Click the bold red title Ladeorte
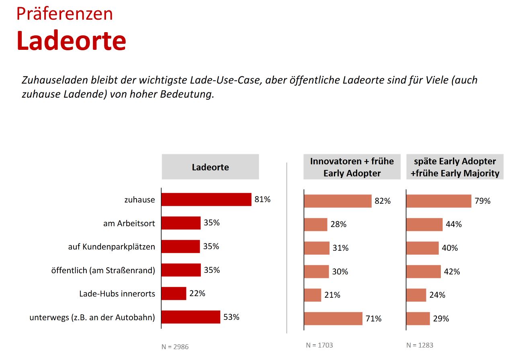tap(71, 41)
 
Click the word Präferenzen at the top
tap(64, 14)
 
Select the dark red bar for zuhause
tap(206, 199)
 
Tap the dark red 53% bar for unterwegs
tap(191, 317)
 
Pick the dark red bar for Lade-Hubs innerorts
tap(174, 293)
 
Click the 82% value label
tap(382, 201)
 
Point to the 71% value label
tap(373, 319)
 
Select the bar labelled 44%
tap(424, 225)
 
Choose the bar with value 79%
tap(439, 201)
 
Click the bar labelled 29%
tap(418, 319)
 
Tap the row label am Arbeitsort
tap(129, 223)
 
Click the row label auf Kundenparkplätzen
tap(111, 247)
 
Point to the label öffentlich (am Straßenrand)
tap(103, 270)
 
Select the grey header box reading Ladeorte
tap(210, 167)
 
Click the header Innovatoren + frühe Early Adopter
tap(352, 167)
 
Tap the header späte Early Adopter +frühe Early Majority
tap(455, 167)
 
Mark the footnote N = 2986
tap(175, 347)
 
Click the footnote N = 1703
tap(319, 345)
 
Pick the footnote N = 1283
tap(420, 345)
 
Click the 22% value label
tap(197, 293)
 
